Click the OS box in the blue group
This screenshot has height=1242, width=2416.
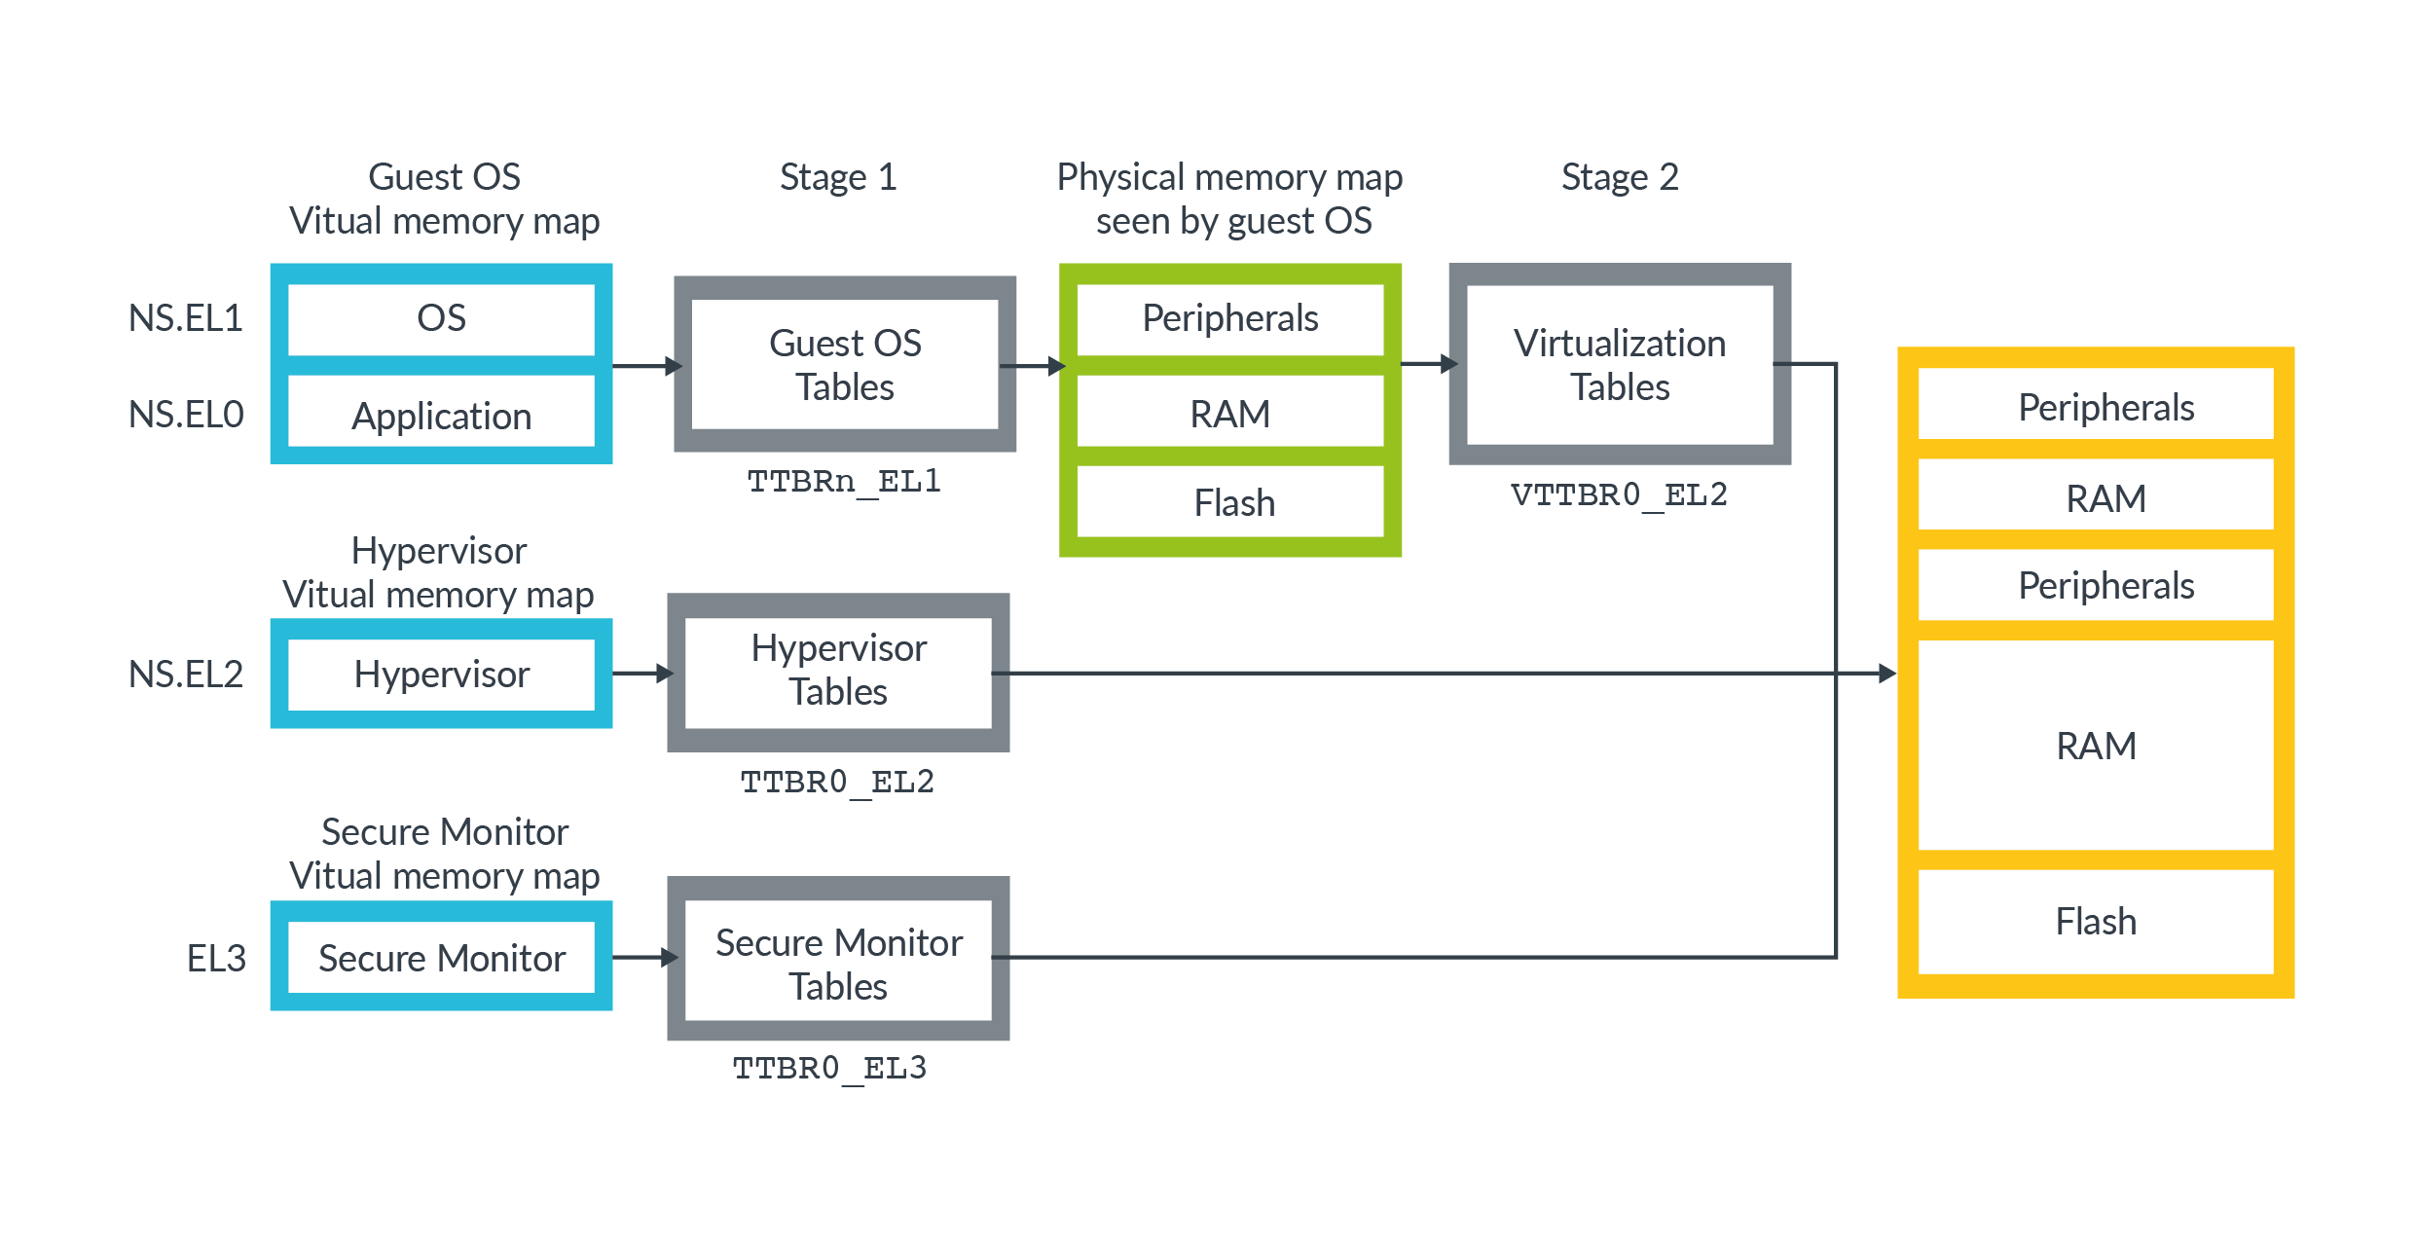pyautogui.click(x=441, y=318)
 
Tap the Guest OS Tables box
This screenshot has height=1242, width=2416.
pyautogui.click(x=845, y=365)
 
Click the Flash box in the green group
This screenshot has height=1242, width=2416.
pyautogui.click(x=1231, y=503)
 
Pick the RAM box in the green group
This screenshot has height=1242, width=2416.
pyautogui.click(x=1230, y=414)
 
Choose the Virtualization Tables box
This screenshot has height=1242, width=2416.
pyautogui.click(x=1620, y=365)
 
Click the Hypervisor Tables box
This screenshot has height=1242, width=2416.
pyautogui.click(x=838, y=671)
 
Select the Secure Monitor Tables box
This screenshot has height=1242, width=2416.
pyautogui.click(x=838, y=964)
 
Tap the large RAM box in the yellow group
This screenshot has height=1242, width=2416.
pyautogui.click(x=2096, y=747)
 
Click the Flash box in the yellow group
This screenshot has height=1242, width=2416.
pyautogui.click(x=2096, y=921)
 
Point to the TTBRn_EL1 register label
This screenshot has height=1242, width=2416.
pyautogui.click(x=844, y=481)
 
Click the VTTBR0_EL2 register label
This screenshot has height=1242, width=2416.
pyautogui.click(x=1619, y=494)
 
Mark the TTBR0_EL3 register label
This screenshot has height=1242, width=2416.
pyautogui.click(x=829, y=1068)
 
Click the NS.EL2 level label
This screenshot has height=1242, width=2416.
pyautogui.click(x=186, y=674)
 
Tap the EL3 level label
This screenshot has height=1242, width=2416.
pyautogui.click(x=216, y=959)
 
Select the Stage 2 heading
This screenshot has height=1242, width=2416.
pyautogui.click(x=1620, y=177)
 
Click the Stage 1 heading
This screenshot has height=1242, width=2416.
pyautogui.click(x=838, y=177)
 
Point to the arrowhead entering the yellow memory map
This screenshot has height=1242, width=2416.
pyautogui.click(x=1886, y=673)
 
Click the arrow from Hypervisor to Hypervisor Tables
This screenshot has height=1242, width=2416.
pyautogui.click(x=642, y=673)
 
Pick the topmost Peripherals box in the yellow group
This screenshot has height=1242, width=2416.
pyautogui.click(x=2105, y=407)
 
